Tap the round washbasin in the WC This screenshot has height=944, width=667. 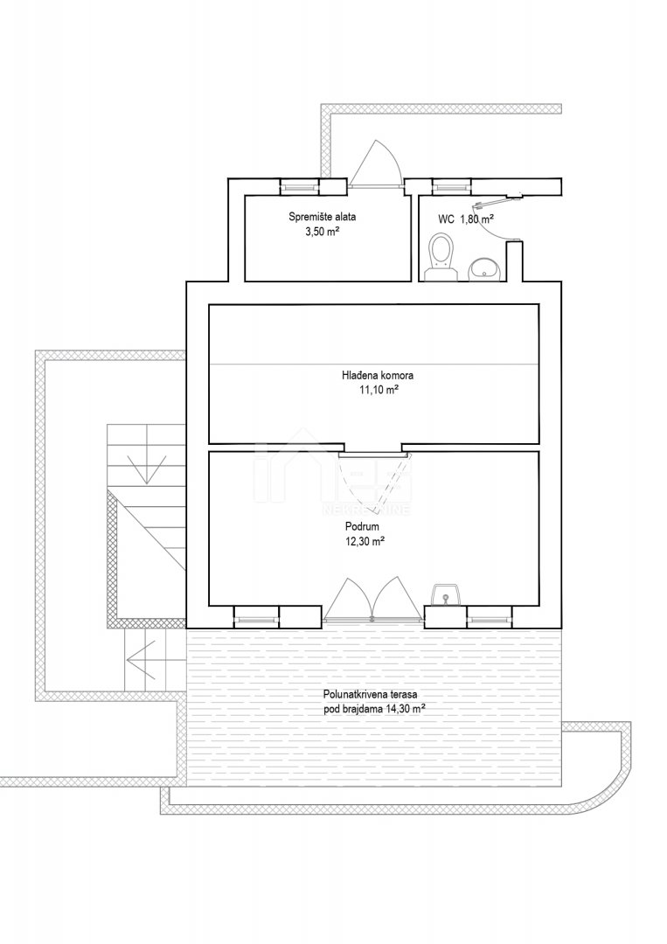click(485, 270)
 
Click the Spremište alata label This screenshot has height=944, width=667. click(318, 218)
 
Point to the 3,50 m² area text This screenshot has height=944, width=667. click(320, 231)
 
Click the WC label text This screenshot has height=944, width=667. click(446, 219)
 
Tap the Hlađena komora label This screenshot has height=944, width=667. click(378, 376)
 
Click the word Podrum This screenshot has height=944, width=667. click(366, 527)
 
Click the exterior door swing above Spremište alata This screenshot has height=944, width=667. click(375, 163)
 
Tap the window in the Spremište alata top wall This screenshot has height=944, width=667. click(299, 187)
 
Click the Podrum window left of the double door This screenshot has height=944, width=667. click(256, 616)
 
